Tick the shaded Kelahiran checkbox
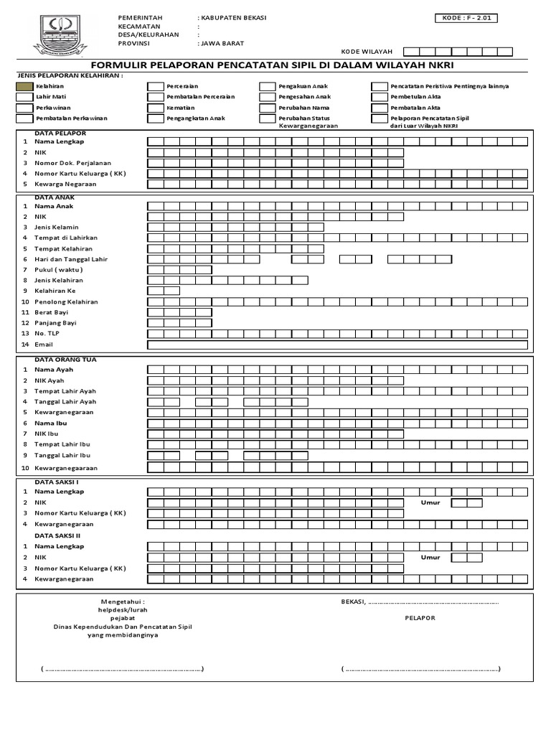pyautogui.click(x=24, y=86)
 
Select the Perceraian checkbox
pyautogui.click(x=154, y=86)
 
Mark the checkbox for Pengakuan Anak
pyautogui.click(x=267, y=86)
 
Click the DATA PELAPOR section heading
pyautogui.click(x=60, y=134)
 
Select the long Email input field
pyautogui.click(x=338, y=345)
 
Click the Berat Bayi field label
pyautogui.click(x=51, y=312)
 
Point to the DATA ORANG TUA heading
pyautogui.click(x=65, y=359)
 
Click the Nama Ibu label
pyautogui.click(x=50, y=423)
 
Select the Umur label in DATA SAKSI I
pyautogui.click(x=430, y=502)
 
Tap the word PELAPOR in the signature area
pyautogui.click(x=420, y=617)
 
